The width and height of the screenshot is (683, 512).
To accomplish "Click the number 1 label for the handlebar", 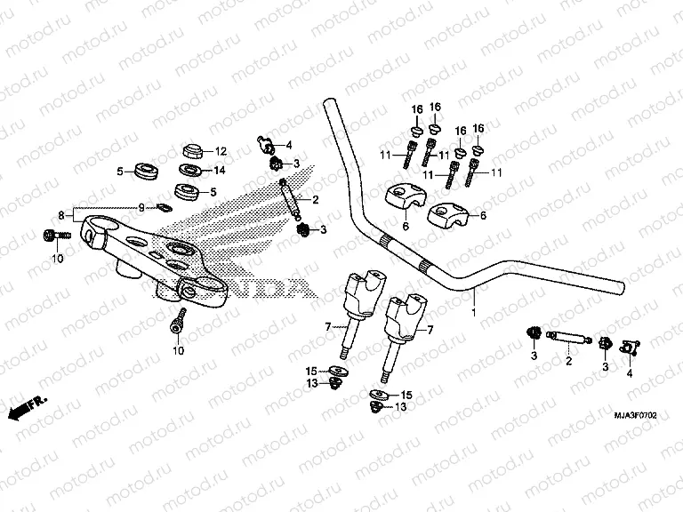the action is [474, 314].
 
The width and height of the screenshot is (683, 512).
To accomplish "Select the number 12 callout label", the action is [221, 151].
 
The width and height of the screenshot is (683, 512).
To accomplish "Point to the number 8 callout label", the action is [61, 215].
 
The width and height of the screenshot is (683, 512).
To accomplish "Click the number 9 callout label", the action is [140, 208].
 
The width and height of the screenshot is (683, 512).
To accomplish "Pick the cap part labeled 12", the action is [191, 148].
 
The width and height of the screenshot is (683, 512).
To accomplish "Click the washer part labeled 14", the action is [189, 170].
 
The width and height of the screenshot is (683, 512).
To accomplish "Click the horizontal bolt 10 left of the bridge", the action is [52, 235].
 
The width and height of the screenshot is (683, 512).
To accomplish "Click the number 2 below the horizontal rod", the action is [568, 362].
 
